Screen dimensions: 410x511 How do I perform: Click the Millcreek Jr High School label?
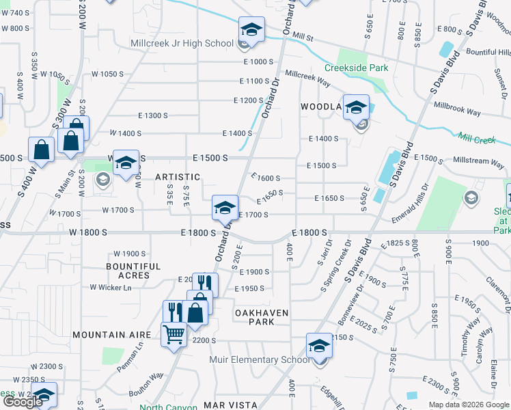[x=182, y=43]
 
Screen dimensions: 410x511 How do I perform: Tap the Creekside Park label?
[x=356, y=68]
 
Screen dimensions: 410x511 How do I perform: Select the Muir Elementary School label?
[x=259, y=359]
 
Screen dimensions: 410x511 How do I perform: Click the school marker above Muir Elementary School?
[x=318, y=346]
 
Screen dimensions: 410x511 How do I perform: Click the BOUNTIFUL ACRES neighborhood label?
[x=134, y=271]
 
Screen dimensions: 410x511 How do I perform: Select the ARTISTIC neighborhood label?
[x=178, y=177]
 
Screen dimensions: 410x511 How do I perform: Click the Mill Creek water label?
[x=477, y=139]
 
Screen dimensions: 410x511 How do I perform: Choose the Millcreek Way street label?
[x=307, y=78]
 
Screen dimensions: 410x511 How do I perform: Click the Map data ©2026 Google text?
[x=469, y=405]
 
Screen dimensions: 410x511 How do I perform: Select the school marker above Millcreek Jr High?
[x=251, y=30]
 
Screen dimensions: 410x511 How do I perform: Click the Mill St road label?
[x=301, y=34]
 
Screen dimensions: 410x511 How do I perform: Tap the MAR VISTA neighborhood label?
[x=230, y=405]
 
